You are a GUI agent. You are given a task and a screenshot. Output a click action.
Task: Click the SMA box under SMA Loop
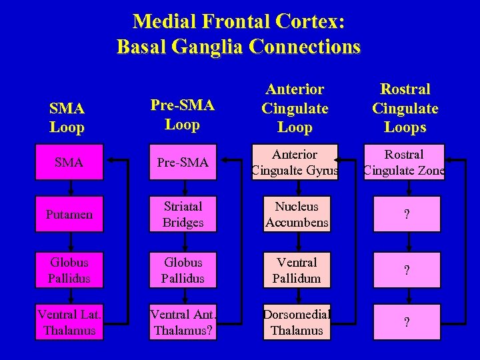click(x=70, y=162)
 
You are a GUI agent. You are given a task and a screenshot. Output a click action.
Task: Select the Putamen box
click(x=70, y=214)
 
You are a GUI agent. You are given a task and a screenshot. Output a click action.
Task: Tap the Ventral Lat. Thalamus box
click(x=70, y=323)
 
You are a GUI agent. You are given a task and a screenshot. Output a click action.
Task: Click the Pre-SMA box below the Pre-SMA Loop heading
click(x=183, y=162)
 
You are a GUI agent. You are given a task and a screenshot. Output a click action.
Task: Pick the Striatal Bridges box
click(x=183, y=214)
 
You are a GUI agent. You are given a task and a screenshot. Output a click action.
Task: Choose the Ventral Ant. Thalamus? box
click(x=183, y=323)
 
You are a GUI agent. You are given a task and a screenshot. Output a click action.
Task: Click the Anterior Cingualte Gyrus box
click(x=295, y=163)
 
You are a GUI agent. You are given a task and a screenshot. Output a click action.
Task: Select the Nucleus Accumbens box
click(x=297, y=214)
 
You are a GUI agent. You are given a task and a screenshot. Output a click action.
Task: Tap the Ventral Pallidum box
click(x=297, y=270)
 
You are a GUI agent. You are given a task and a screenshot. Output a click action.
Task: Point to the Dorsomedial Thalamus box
click(x=297, y=323)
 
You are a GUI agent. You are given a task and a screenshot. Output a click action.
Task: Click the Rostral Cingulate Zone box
click(x=405, y=163)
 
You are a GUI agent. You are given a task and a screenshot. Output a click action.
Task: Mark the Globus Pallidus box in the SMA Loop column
click(x=70, y=270)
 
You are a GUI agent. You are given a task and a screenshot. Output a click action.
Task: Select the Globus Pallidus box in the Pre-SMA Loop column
click(x=183, y=270)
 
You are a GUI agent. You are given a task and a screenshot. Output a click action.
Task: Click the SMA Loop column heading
click(x=67, y=117)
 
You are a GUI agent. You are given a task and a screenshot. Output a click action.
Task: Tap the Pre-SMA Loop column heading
click(x=182, y=115)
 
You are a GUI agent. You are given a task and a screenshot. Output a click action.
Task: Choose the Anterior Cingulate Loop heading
click(x=295, y=108)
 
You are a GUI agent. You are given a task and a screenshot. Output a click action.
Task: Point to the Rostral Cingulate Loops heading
click(x=405, y=108)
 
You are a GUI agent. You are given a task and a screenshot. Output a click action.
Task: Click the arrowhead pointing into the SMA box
click(x=111, y=160)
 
